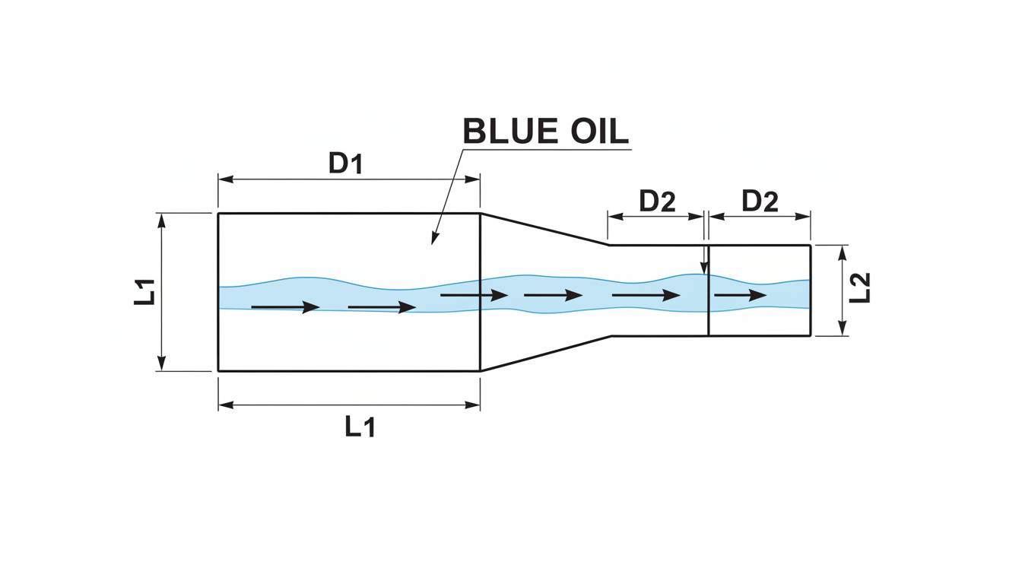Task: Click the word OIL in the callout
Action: pos(599,132)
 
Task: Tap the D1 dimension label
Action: pos(345,163)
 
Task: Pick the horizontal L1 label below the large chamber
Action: pos(360,427)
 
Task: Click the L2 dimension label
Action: pos(860,288)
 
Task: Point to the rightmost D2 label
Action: pos(760,202)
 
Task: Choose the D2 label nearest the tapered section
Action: pos(657,202)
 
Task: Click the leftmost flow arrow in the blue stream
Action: pos(285,307)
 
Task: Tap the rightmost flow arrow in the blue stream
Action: pos(741,295)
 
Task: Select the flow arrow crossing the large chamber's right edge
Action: pos(474,295)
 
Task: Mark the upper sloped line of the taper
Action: pos(544,229)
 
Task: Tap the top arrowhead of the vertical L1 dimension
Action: pos(161,221)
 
